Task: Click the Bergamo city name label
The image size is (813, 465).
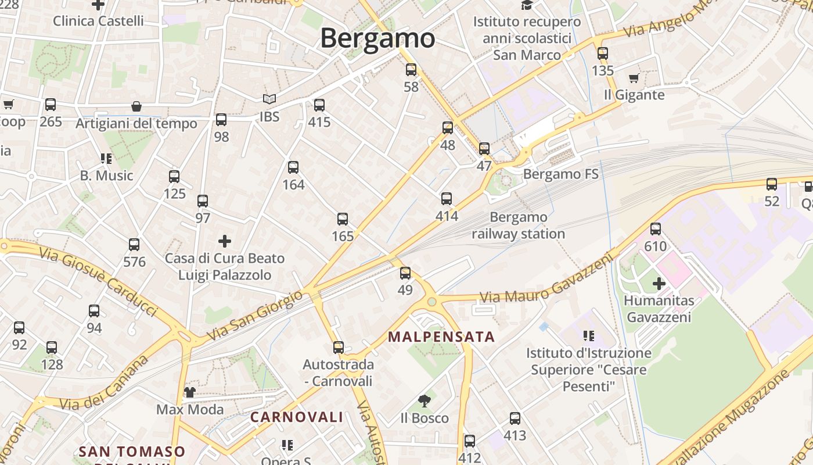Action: point(377,38)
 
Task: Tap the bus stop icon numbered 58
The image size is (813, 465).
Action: point(411,70)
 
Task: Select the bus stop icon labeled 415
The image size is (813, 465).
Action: point(319,105)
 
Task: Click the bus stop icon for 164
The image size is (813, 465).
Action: point(293,167)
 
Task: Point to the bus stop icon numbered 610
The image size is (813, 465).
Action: point(656,229)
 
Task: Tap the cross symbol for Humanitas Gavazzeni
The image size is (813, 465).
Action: point(659,284)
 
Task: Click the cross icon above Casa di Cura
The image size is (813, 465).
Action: point(225,241)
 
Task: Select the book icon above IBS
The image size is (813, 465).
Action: point(269,99)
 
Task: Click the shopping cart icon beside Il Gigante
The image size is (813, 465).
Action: point(634,78)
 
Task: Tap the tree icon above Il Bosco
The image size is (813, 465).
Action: point(425,400)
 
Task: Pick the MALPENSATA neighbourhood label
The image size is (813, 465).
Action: point(441,337)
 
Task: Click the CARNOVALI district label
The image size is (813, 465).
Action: point(297,417)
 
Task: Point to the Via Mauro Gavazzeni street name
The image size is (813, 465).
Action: point(546,280)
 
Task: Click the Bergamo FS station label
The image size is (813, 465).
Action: point(560,174)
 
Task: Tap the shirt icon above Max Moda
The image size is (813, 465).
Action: point(190,392)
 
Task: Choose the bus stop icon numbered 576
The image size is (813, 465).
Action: point(134,245)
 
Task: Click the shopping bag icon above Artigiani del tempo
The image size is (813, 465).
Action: point(136,106)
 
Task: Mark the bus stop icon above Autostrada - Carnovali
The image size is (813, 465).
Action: point(339,348)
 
